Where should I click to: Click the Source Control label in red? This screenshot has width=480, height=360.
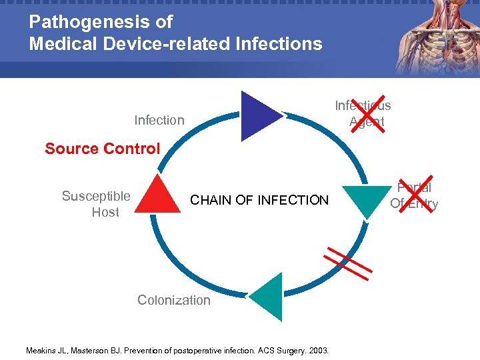(x=103, y=149)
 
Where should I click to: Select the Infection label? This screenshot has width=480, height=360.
(x=159, y=120)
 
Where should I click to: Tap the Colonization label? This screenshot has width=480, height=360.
(x=173, y=300)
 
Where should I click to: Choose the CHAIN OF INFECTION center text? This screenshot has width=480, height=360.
(x=259, y=200)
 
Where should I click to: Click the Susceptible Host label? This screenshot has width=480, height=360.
(x=96, y=204)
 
